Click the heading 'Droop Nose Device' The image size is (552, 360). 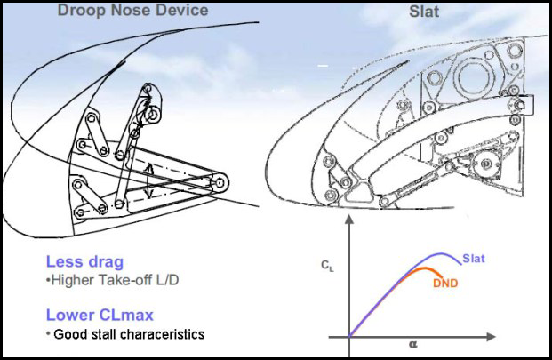(132, 10)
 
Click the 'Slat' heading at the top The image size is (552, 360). (424, 12)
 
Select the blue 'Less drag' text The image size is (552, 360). (84, 262)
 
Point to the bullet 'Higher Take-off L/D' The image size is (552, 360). (113, 280)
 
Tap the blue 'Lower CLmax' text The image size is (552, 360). (100, 315)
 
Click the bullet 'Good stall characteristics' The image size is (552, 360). (125, 334)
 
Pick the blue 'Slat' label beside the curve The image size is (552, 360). (474, 259)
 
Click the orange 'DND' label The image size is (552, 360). (445, 283)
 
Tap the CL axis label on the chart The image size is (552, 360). (327, 266)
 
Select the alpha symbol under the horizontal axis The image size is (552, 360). (413, 344)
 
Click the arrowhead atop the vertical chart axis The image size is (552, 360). (348, 220)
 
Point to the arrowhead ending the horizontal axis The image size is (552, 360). (491, 337)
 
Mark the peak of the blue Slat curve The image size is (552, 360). (441, 253)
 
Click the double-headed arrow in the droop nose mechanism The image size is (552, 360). (150, 181)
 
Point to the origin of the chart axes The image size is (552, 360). (349, 337)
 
